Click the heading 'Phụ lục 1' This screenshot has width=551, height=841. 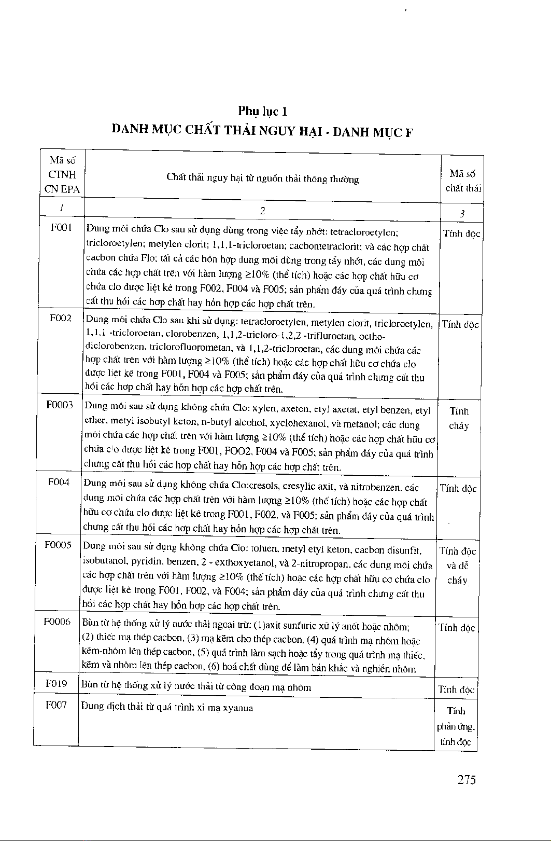coord(262,111)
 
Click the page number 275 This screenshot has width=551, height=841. coord(467,779)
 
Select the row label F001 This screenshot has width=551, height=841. coord(62,228)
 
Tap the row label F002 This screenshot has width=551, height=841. coord(61,318)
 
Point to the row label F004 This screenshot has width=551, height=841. coord(59,482)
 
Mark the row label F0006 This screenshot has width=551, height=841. coord(57,622)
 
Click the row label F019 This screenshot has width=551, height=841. coord(56,684)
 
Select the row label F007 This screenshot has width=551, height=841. coord(56,706)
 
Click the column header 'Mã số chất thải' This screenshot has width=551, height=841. coord(463,181)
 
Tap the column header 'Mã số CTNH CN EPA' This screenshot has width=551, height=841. coord(62,175)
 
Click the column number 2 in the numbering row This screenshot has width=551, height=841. coord(262,211)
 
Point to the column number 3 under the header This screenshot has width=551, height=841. coord(462,213)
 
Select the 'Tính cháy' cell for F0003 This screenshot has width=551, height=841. coord(459,418)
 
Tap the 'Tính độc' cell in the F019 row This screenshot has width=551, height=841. coord(456,690)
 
